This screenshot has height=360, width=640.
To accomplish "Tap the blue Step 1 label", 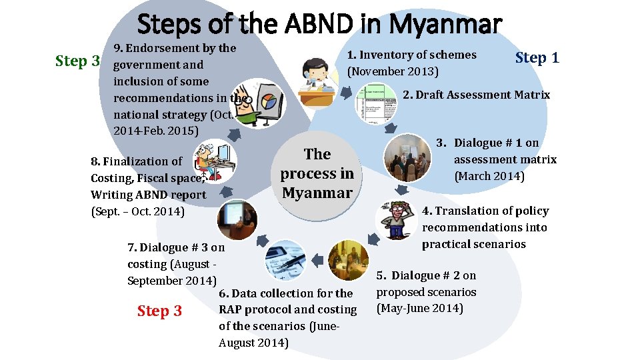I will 537,58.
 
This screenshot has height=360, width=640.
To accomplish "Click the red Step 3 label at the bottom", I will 159,311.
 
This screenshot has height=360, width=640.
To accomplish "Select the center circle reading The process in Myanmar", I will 317,173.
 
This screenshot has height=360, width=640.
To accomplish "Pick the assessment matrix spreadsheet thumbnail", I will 375,104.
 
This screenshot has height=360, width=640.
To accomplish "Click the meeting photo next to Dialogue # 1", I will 408,158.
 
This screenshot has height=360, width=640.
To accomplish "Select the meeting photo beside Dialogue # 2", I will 349,260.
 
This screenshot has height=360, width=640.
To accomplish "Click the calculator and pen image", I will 285,260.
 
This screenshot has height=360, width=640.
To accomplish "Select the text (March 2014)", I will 489,177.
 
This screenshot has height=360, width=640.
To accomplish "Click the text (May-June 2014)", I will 420,308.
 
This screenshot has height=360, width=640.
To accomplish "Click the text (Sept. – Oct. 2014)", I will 137,211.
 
